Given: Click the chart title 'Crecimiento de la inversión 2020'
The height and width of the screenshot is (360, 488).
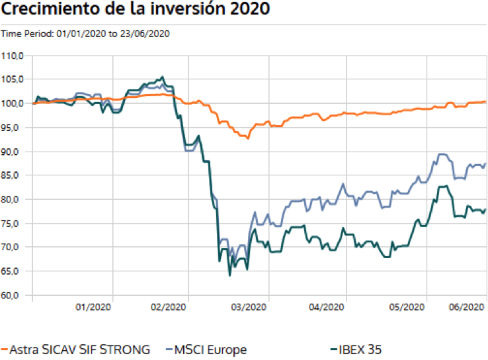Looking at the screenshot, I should point(136,11).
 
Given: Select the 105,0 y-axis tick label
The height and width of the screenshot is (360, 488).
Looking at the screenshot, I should point(13,79).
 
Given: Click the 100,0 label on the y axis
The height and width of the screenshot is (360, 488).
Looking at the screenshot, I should point(13,103).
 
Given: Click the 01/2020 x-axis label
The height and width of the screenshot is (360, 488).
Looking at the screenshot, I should point(93,307).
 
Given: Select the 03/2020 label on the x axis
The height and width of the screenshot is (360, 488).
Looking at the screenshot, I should point(247,307).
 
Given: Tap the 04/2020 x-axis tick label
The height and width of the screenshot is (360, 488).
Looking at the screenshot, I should point(327,307).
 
